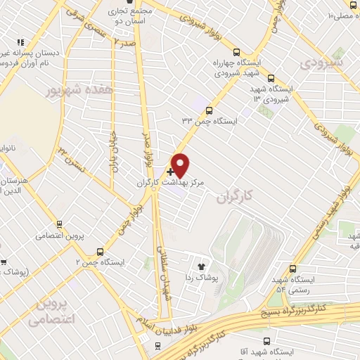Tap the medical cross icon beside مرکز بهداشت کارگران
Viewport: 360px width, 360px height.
171,171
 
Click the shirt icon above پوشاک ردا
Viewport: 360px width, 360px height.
200,266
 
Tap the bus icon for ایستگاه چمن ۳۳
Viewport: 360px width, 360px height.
210,110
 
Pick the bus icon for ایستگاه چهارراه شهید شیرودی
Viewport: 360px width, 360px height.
236,51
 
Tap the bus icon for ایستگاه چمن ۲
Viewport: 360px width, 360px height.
100,251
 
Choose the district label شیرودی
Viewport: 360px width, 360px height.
323,63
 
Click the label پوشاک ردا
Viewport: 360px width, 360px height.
200,278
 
